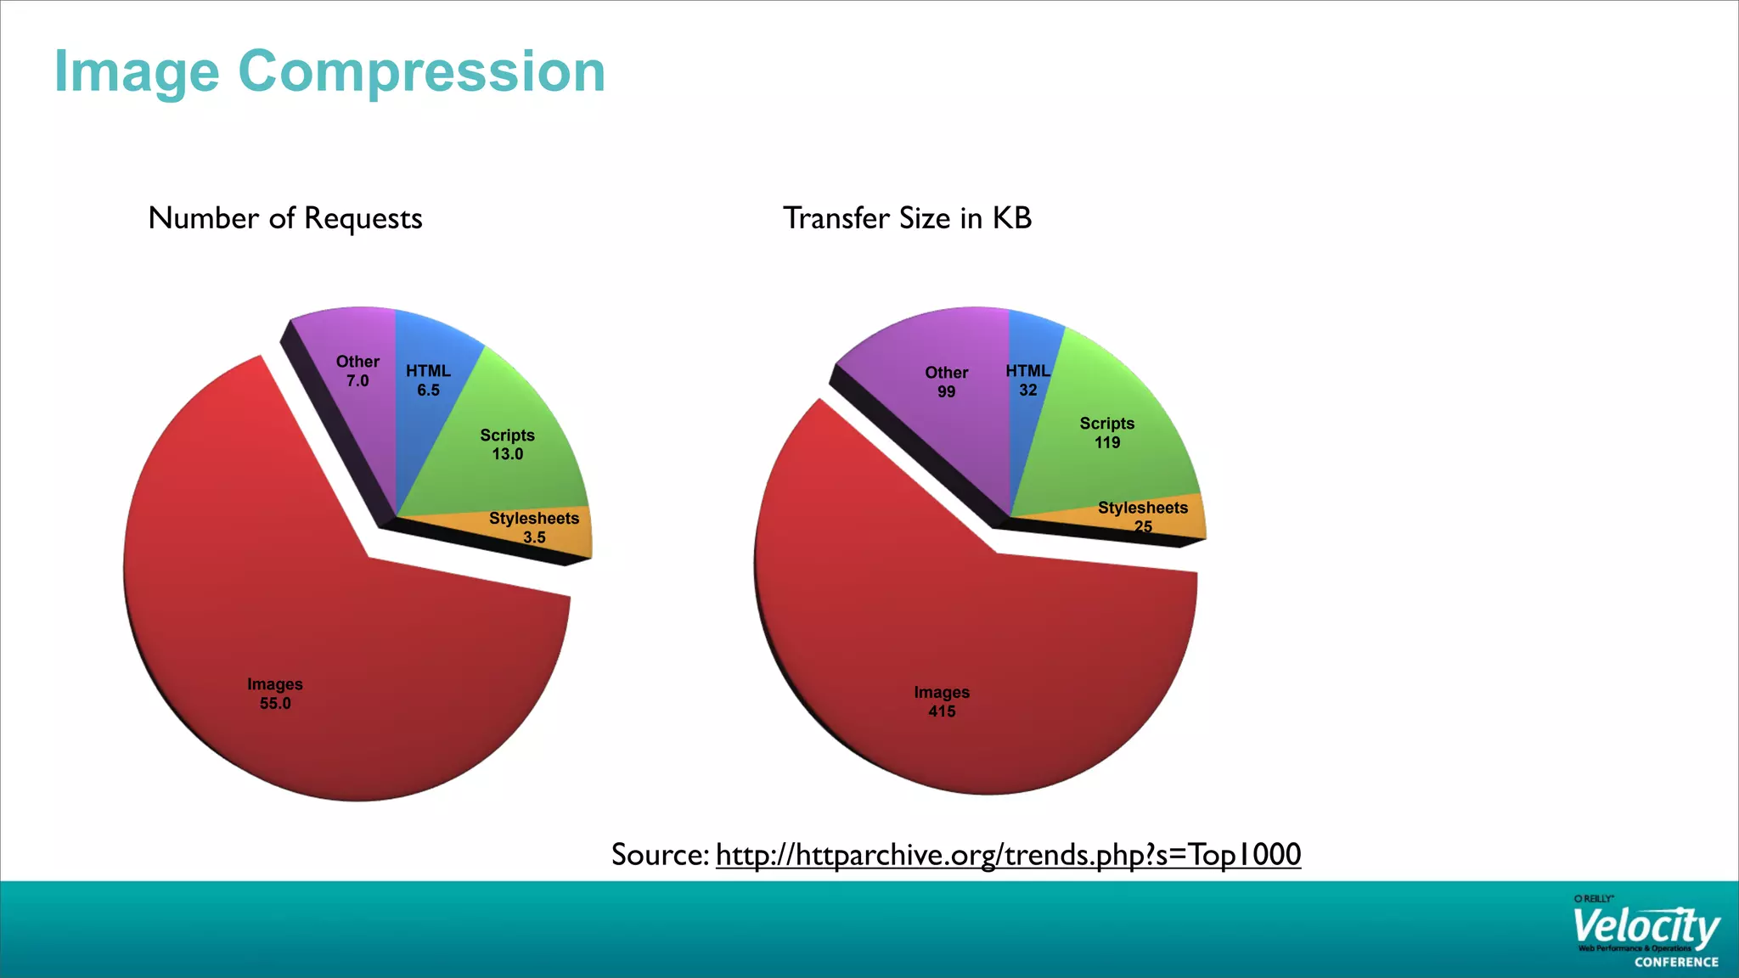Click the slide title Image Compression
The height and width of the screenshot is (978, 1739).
pyautogui.click(x=329, y=71)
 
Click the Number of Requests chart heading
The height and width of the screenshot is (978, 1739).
pyautogui.click(x=284, y=218)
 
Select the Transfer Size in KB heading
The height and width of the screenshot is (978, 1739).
pyautogui.click(x=906, y=218)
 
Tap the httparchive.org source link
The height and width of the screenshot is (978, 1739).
pyautogui.click(x=1008, y=854)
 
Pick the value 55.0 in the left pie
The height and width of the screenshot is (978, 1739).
pyautogui.click(x=275, y=704)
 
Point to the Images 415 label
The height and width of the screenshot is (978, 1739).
pyautogui.click(x=942, y=702)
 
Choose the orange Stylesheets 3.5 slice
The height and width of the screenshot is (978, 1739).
pyautogui.click(x=543, y=531)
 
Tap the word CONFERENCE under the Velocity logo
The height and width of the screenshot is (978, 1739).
pyautogui.click(x=1676, y=962)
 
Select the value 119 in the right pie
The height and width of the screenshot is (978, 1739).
pyautogui.click(x=1107, y=442)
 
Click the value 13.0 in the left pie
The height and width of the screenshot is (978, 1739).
pyautogui.click(x=507, y=454)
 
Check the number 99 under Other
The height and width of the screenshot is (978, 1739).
pyautogui.click(x=946, y=392)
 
